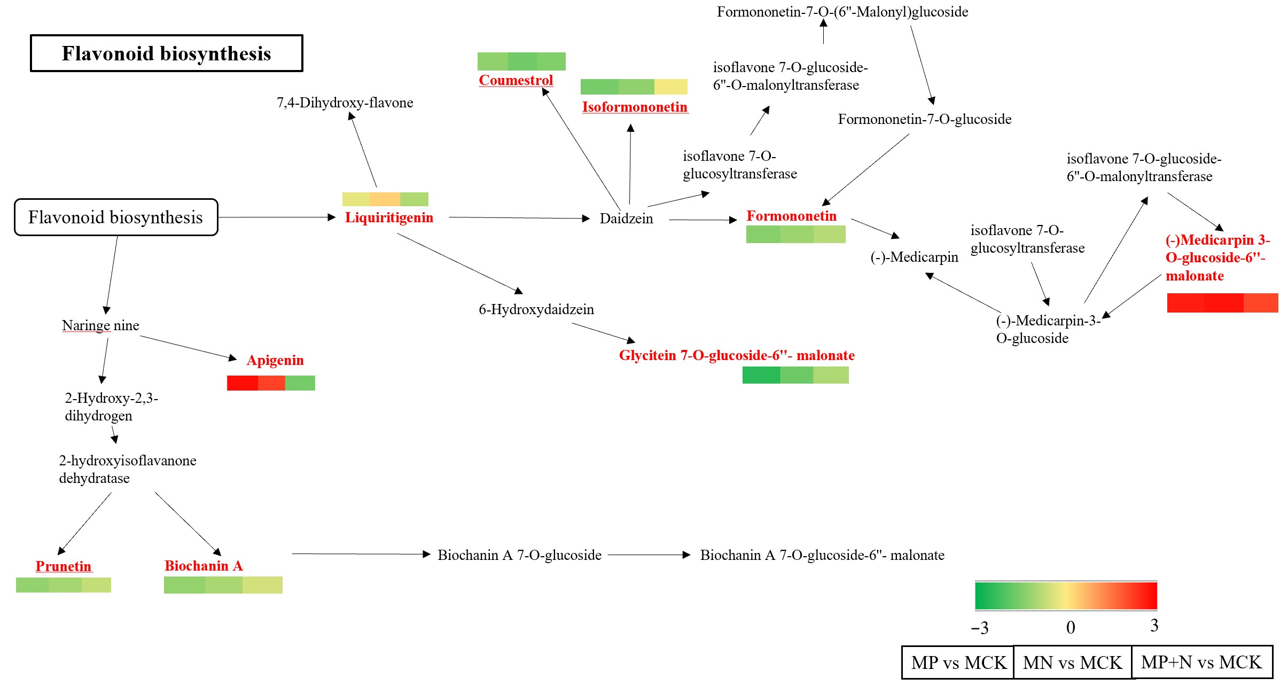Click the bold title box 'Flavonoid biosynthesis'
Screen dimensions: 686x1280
(x=166, y=53)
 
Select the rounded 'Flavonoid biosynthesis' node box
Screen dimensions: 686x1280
(x=115, y=217)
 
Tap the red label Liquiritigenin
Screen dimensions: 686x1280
(x=389, y=217)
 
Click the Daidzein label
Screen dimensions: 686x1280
(x=626, y=219)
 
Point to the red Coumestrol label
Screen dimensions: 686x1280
(x=516, y=80)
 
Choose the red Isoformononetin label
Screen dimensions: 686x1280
(x=635, y=107)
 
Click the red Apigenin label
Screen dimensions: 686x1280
(x=275, y=360)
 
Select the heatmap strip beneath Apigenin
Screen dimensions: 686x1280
(x=271, y=383)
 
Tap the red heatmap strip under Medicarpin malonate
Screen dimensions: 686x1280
(x=1222, y=303)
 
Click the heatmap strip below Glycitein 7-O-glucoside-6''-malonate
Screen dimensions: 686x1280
(x=795, y=375)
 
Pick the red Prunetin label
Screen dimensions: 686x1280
(x=63, y=566)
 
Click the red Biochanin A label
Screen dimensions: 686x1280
(x=204, y=566)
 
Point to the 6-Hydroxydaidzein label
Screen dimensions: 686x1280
(x=536, y=309)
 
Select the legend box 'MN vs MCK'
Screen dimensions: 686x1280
(x=1072, y=662)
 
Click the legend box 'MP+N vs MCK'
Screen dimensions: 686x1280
(x=1201, y=662)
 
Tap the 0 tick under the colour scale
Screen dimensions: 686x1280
(x=1070, y=627)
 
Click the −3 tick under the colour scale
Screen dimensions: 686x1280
(x=980, y=628)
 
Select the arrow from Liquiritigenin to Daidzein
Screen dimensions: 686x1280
(x=518, y=218)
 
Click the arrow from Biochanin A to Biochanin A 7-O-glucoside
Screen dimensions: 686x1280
(x=361, y=554)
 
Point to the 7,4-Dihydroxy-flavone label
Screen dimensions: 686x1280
(x=345, y=103)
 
